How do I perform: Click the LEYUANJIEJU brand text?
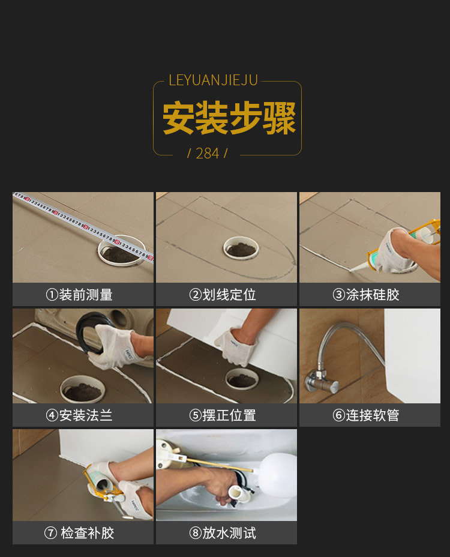pos(213,80)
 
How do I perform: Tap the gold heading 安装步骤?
pos(229,118)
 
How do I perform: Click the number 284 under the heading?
pos(208,154)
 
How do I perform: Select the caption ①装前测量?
pos(79,295)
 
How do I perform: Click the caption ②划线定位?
pos(223,295)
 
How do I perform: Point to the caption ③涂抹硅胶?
pos(366,295)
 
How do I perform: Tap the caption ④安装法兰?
pos(79,415)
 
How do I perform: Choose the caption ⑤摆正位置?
pos(223,415)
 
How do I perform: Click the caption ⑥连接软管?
pos(366,415)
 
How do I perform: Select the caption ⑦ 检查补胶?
pos(79,533)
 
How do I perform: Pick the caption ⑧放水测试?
pos(223,533)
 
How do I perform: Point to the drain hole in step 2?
pos(241,248)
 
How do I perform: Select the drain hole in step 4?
pos(83,390)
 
